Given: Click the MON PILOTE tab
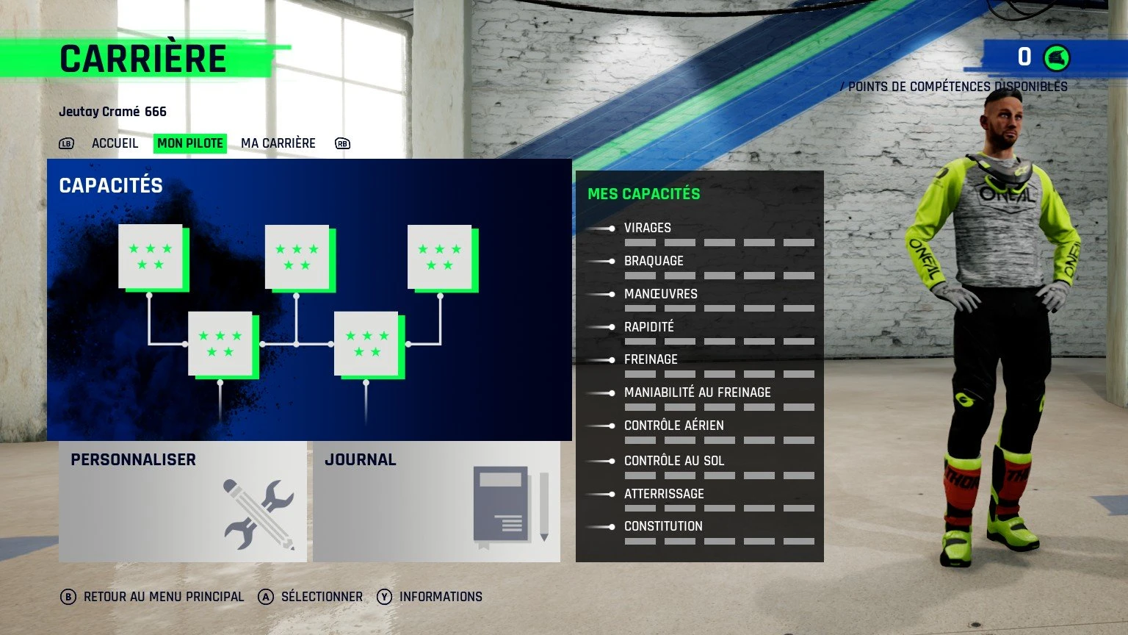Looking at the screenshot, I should [x=190, y=143].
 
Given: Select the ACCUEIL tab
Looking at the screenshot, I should [x=115, y=143].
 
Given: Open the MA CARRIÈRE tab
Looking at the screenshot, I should [x=278, y=143].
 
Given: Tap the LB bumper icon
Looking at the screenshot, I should [x=67, y=143].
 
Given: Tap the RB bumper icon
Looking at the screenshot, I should [x=342, y=143].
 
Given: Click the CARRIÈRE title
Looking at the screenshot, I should [x=143, y=59].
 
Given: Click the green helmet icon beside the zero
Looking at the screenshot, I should [x=1057, y=57].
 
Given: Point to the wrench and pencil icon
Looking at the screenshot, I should [x=258, y=514].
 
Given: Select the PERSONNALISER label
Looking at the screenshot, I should [x=133, y=460].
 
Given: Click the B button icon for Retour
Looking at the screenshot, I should [x=68, y=597].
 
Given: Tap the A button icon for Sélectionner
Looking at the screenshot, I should [x=266, y=597].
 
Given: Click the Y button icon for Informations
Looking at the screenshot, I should [x=384, y=597].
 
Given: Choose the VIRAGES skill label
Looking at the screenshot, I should [x=647, y=228].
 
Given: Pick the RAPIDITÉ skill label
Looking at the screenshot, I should [x=648, y=326].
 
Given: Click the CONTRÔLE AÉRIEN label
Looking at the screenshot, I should [x=673, y=426].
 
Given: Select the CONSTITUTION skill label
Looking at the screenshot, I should [x=663, y=526].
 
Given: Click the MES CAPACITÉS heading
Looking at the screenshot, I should [x=643, y=194].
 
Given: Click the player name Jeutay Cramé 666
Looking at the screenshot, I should [x=112, y=112].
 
